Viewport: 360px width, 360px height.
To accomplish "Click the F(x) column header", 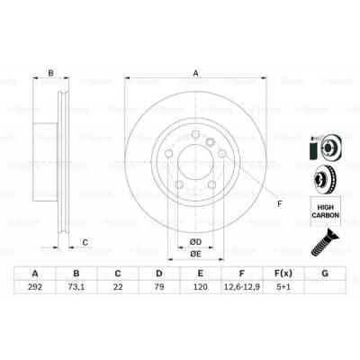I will [x=283, y=274].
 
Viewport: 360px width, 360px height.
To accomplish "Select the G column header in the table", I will [x=324, y=274].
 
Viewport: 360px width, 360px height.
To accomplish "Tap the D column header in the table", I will [x=158, y=274].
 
